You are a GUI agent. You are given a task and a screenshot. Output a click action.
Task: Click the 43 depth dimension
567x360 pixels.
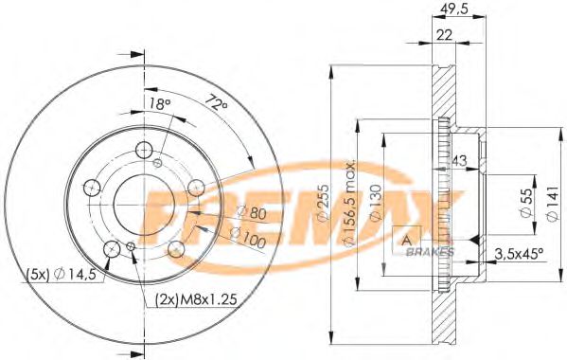[x=460, y=159]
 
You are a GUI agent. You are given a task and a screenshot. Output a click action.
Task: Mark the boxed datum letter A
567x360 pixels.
[x=408, y=239]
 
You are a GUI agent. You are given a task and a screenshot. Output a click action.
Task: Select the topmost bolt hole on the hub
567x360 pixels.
[x=144, y=150]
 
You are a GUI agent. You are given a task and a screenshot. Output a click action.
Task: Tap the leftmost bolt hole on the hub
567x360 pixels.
[x=93, y=187]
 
